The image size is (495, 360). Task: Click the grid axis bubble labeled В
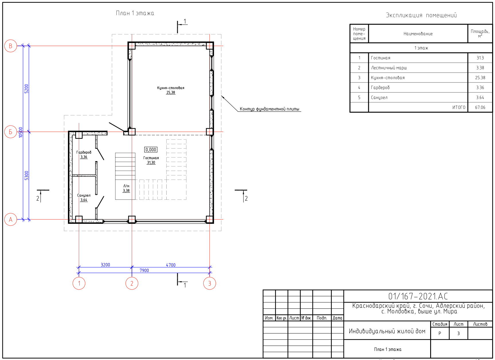[x=11, y=46]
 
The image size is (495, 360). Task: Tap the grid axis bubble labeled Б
[x=11, y=132]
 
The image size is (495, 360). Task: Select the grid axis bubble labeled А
[x=11, y=220]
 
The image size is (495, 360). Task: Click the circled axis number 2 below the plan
[x=132, y=283]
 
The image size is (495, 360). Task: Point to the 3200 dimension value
[x=105, y=265]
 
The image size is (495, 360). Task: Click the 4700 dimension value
[x=171, y=265]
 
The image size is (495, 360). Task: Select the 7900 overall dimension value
[x=144, y=270]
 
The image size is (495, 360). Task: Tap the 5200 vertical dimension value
[x=26, y=89]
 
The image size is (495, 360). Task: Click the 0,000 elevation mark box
[x=151, y=150]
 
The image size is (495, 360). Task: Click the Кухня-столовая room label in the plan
[x=171, y=88]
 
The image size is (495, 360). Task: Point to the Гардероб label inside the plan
[x=84, y=152]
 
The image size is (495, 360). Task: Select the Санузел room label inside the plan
[x=84, y=195]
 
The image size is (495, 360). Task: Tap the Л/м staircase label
[x=126, y=186]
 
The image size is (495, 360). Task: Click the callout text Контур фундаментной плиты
[x=269, y=109]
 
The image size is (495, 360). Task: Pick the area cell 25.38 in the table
[x=480, y=78]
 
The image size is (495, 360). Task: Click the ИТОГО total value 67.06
[x=480, y=107]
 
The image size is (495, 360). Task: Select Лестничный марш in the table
[x=389, y=68]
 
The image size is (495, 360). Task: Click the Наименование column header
[x=418, y=34]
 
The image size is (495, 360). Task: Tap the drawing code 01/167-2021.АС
[x=418, y=296]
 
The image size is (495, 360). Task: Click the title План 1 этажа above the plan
[x=135, y=13]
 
